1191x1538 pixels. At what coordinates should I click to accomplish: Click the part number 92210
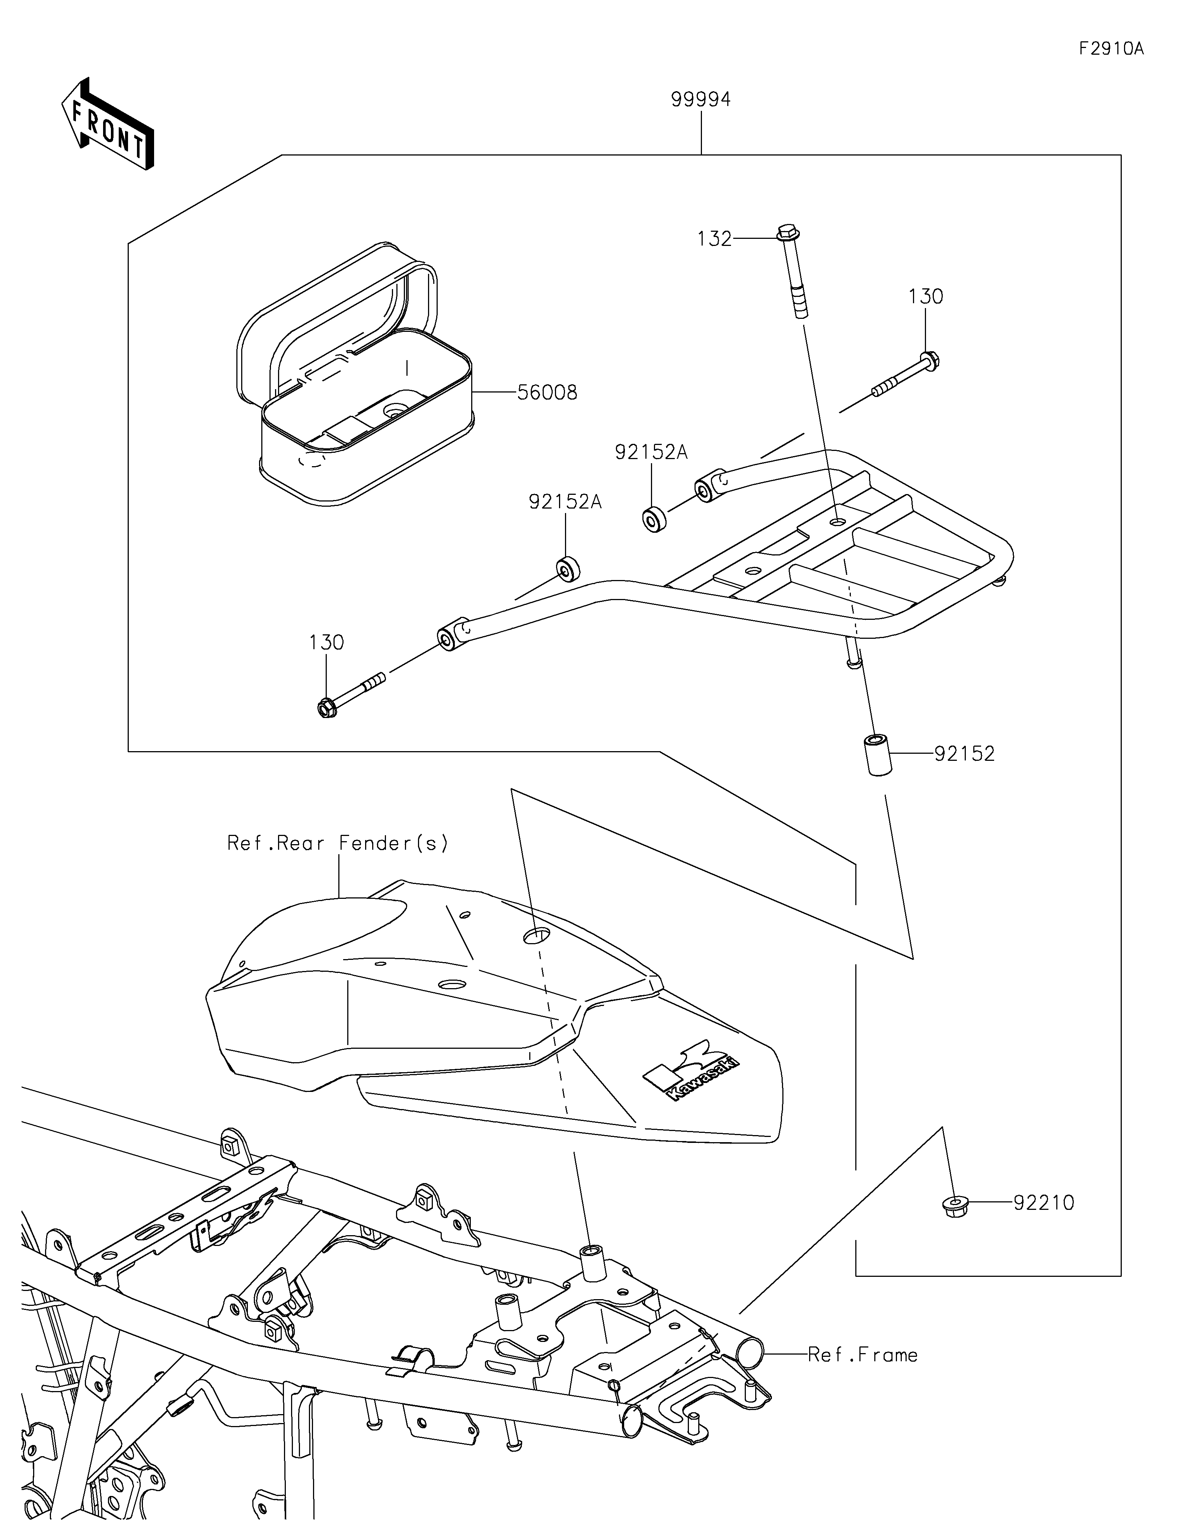(x=1044, y=1203)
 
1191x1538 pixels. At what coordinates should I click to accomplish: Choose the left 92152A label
(x=565, y=502)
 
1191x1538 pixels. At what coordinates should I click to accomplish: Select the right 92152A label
(x=651, y=452)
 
